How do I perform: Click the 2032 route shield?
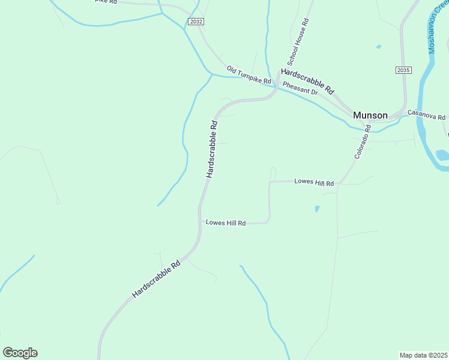tap(195, 21)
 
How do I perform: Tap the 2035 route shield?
tap(403, 70)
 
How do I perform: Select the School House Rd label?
tap(298, 42)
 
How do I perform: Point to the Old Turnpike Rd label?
tap(249, 75)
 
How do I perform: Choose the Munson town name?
tap(370, 115)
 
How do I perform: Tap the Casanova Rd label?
tap(426, 114)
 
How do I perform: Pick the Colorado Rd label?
tap(364, 142)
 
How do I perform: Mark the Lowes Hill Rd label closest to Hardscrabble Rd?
tap(226, 223)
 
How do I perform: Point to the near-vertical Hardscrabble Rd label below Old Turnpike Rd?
tap(211, 149)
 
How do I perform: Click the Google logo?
tap(20, 353)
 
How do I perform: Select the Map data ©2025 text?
tap(423, 355)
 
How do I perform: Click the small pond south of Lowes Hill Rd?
tap(316, 209)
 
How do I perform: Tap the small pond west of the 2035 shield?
tap(378, 46)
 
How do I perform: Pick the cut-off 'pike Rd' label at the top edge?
tap(105, 2)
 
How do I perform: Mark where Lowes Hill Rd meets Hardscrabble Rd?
tap(200, 223)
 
